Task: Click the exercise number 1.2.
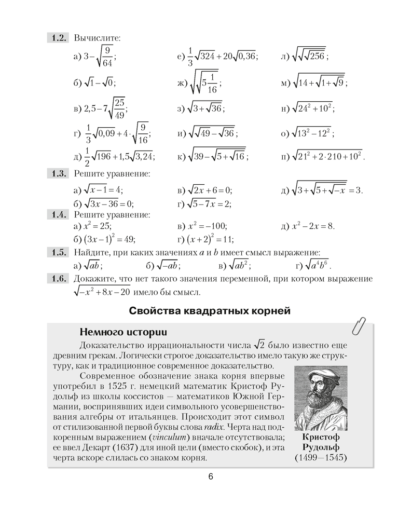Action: point(58,38)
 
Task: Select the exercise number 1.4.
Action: point(58,214)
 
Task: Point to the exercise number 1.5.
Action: point(58,253)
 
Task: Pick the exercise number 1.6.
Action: point(58,279)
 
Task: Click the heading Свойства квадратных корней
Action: point(209,311)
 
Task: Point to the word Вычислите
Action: point(97,38)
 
